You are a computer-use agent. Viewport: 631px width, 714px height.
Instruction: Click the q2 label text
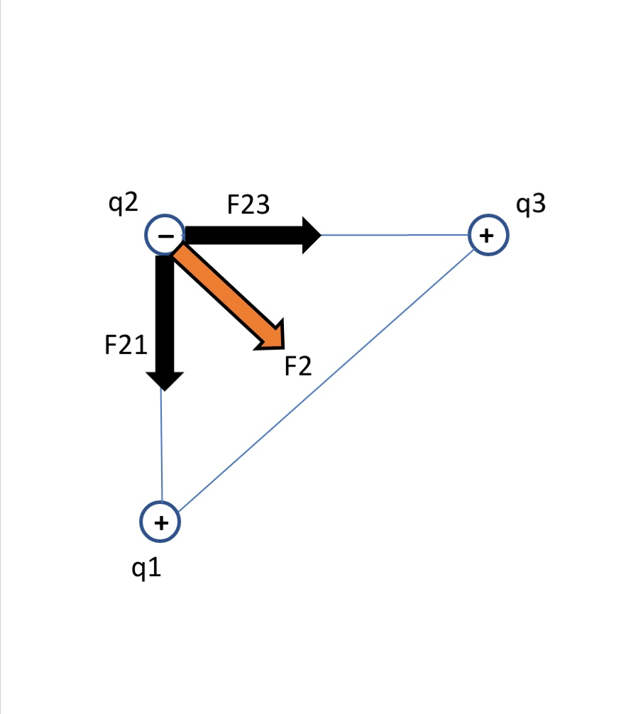pyautogui.click(x=123, y=204)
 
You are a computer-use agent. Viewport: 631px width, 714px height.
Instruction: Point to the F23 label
pyautogui.click(x=248, y=204)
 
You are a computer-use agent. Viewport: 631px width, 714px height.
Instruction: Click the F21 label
pyautogui.click(x=126, y=346)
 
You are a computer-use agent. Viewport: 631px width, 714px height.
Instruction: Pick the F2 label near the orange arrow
pyautogui.click(x=298, y=367)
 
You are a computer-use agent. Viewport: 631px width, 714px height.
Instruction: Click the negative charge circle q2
pyautogui.click(x=165, y=235)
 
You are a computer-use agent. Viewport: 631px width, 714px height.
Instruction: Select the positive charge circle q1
pyautogui.click(x=160, y=522)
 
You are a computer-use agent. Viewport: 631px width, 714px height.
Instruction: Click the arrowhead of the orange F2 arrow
pyautogui.click(x=273, y=337)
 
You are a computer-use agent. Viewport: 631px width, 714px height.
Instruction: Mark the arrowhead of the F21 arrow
pyautogui.click(x=164, y=379)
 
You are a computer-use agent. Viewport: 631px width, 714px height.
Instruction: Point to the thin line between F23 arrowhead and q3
pyautogui.click(x=394, y=235)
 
